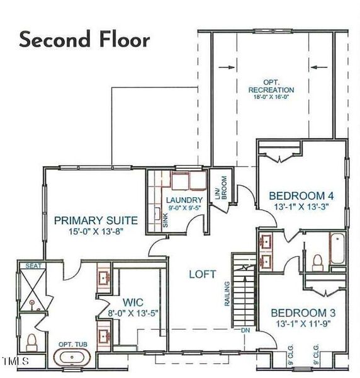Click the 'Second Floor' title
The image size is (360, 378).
(85, 39)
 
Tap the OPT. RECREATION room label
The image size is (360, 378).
(271, 86)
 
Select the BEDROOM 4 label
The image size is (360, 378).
(298, 195)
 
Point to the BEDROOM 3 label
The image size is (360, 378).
(299, 313)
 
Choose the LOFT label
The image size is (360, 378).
(203, 274)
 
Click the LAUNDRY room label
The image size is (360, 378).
(184, 201)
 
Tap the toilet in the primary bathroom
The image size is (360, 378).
(31, 342)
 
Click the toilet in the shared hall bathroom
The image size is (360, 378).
(318, 261)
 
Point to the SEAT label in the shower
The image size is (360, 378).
(33, 266)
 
